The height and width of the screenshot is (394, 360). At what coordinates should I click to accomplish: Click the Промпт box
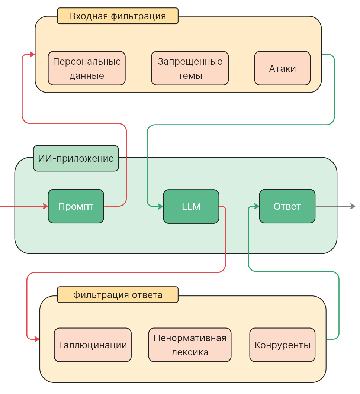[x=76, y=206]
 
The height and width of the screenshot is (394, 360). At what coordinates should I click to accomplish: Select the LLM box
[x=191, y=207]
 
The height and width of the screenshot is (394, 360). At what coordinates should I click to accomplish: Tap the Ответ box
[x=287, y=206]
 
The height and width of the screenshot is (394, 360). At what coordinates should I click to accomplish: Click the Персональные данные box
[x=87, y=68]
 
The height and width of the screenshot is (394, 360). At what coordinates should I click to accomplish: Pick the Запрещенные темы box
[x=190, y=68]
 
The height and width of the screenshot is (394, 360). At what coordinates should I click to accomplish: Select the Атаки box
[x=282, y=68]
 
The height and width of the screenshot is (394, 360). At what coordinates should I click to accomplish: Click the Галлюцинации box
[x=93, y=345]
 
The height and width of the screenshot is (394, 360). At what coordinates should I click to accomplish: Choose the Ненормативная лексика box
[x=190, y=345]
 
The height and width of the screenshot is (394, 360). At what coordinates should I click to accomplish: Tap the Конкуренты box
[x=282, y=345]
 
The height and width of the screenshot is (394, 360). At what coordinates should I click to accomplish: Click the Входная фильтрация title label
[x=118, y=16]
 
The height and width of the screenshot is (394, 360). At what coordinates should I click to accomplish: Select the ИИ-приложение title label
[x=76, y=158]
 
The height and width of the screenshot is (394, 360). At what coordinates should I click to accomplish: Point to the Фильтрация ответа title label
[x=118, y=295]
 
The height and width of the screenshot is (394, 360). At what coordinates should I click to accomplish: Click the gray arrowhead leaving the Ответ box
[x=353, y=206]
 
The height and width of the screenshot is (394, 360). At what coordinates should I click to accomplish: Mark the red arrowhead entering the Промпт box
[x=45, y=206]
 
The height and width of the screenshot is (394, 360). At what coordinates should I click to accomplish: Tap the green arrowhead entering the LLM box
[x=161, y=206]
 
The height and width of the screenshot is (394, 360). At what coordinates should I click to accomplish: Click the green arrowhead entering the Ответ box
[x=257, y=206]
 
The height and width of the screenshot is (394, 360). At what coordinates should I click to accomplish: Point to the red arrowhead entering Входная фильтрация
[x=32, y=55]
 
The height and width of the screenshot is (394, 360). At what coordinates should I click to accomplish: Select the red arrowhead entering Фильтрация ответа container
[x=37, y=339]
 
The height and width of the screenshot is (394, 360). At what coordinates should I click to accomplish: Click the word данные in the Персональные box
[x=87, y=76]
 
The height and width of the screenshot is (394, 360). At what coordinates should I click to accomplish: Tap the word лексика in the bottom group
[x=190, y=352]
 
